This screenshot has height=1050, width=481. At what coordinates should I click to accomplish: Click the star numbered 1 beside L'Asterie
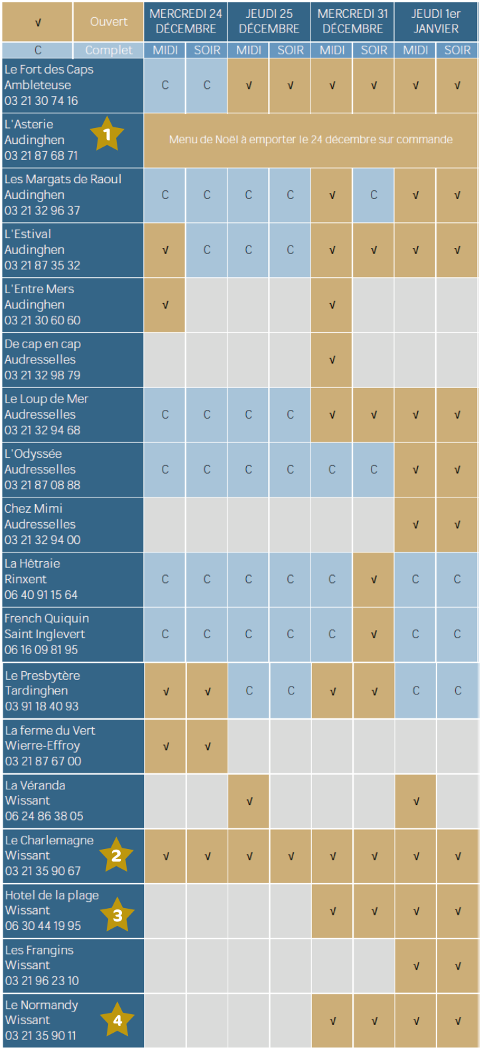coord(107,135)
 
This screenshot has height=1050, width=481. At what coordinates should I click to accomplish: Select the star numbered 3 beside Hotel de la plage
coord(117,915)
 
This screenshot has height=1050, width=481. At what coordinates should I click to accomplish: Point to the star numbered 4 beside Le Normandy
coord(117,1020)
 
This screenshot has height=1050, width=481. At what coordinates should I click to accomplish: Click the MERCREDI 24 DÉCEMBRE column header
coord(186,21)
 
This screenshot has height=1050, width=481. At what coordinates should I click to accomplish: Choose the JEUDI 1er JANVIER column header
coord(436,21)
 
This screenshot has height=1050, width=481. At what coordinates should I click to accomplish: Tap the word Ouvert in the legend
coord(109,22)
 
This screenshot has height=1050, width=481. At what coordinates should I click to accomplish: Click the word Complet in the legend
coord(109,50)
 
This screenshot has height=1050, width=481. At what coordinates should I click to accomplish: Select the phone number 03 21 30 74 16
coord(41,101)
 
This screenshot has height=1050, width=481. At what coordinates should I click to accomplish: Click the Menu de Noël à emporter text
coord(310,139)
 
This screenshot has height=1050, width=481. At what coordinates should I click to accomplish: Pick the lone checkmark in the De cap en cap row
coord(332,360)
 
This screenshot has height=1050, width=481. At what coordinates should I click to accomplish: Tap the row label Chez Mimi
coord(33,509)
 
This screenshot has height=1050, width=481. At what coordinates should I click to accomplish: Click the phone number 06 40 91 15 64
coord(41,595)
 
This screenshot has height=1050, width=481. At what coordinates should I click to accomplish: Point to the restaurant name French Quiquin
coord(46,618)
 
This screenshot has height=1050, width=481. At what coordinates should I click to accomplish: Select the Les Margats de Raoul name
coord(62,179)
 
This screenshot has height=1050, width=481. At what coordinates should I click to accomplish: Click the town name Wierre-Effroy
coord(42,746)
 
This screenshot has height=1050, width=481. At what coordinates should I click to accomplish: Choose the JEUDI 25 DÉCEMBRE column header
coord(269,21)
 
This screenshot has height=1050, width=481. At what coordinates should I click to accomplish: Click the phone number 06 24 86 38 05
coord(44,816)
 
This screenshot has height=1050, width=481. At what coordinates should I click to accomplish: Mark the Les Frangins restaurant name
coord(39,950)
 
